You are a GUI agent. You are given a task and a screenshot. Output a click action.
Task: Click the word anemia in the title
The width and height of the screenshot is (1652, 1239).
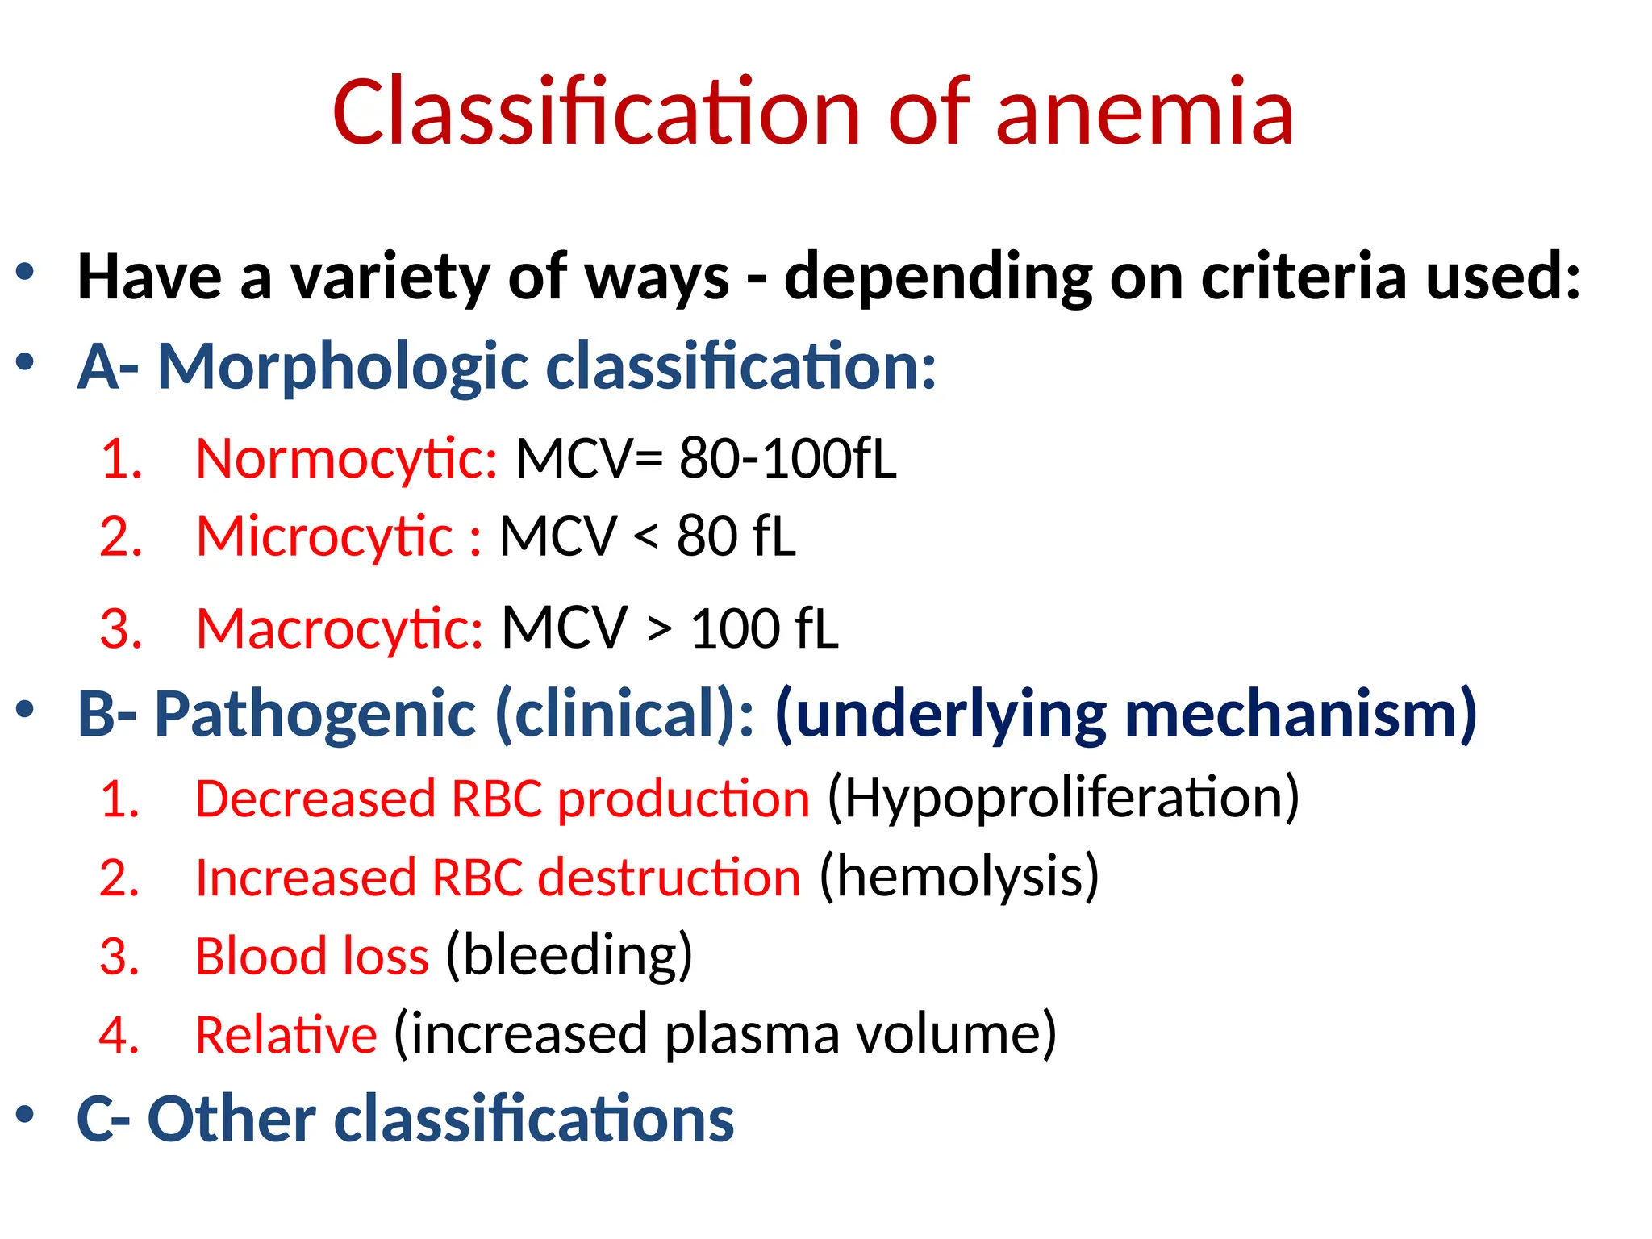pos(1145,113)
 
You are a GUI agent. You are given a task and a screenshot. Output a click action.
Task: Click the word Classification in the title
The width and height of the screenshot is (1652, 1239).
pos(597,113)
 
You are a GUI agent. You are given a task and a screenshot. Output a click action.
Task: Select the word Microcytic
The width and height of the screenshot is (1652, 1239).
pos(325,537)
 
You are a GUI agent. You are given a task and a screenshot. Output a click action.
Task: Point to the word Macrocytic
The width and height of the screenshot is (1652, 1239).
pos(340,629)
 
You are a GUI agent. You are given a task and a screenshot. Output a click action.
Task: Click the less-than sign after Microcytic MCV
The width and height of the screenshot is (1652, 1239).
pos(645,537)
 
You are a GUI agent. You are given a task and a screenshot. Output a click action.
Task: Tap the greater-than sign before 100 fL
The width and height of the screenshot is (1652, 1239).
pos(659,629)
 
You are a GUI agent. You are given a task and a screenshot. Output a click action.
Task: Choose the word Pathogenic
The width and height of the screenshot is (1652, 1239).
pos(315,715)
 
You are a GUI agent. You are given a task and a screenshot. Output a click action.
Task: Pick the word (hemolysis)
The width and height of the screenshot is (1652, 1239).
pos(959,878)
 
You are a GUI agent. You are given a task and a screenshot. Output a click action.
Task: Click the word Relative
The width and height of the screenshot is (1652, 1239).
pos(286,1035)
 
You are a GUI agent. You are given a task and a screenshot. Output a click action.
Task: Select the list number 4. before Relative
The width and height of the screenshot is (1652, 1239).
pos(119,1035)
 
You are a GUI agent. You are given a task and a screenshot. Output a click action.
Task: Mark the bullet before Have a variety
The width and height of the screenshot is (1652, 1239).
pos(25,272)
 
